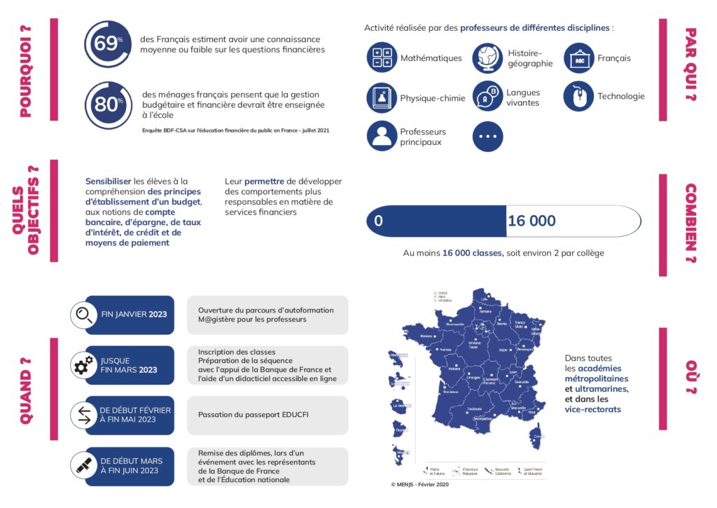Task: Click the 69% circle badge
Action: [107, 44]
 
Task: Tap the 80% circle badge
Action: [107, 104]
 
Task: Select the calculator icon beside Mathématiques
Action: [382, 57]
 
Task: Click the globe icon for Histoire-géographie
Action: [487, 57]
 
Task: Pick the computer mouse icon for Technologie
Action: [578, 97]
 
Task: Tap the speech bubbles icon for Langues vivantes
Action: [487, 97]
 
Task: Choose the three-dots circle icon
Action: [487, 136]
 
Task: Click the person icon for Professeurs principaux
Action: [382, 136]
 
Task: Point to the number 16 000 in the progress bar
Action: [531, 221]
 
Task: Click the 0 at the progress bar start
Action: [378, 221]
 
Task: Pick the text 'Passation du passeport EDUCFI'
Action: [253, 415]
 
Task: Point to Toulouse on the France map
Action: [474, 409]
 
